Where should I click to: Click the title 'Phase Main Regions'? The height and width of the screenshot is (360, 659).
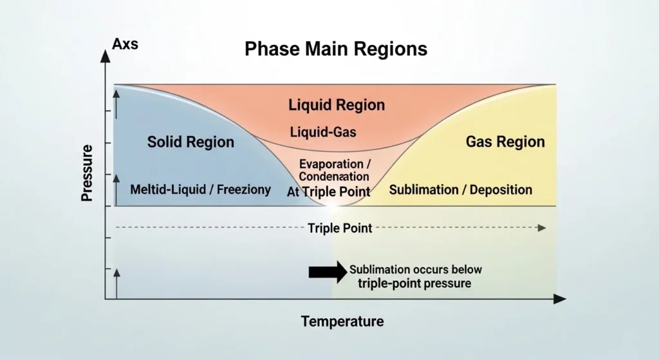point(335,50)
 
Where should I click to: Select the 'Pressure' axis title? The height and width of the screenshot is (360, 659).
point(88,173)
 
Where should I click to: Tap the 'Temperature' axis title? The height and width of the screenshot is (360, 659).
point(342,321)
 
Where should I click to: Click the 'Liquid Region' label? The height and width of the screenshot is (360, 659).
point(337,105)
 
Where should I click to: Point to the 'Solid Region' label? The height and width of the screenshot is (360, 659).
point(190,142)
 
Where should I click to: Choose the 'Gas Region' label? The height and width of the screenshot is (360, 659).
point(505,142)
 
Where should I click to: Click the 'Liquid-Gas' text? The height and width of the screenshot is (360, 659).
point(323,133)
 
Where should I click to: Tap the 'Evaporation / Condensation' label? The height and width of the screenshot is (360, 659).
point(334,170)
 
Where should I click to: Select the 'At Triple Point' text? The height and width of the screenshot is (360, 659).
point(328,191)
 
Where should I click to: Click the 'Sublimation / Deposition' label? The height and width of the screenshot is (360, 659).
point(461,190)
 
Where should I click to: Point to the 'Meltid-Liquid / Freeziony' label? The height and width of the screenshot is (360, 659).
point(200,190)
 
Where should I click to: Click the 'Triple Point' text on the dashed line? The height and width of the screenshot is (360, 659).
point(340,228)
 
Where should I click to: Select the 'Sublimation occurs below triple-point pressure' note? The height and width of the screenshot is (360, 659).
point(415,276)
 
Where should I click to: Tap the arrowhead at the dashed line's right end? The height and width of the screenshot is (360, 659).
point(542,228)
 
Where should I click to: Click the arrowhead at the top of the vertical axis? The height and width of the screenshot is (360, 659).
point(105,55)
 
